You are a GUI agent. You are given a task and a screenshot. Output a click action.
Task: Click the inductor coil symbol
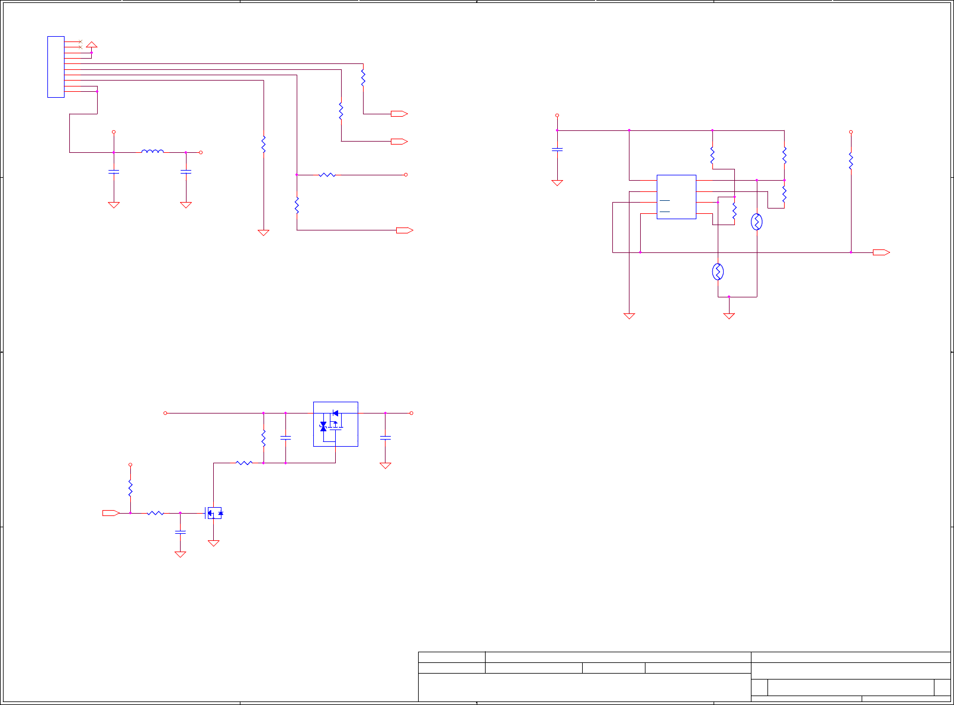[152, 152]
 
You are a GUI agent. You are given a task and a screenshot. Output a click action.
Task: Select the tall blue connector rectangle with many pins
[56, 67]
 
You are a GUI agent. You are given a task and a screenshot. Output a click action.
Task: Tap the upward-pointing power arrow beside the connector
[91, 44]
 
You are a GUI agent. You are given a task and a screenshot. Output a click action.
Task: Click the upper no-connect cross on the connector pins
[80, 41]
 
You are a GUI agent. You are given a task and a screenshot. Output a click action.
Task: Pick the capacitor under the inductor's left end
[114, 172]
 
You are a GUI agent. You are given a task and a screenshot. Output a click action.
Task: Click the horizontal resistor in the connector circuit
[327, 175]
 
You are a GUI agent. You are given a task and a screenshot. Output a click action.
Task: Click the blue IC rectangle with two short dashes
[676, 197]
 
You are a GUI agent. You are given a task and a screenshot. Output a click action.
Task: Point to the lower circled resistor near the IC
[718, 272]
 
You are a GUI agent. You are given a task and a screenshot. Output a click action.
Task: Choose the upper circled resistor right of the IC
[757, 222]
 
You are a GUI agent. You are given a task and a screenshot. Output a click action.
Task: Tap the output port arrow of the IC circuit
[881, 252]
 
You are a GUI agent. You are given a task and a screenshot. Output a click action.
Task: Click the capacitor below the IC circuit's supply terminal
[557, 149]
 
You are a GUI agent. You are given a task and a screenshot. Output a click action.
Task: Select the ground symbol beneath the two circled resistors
[729, 316]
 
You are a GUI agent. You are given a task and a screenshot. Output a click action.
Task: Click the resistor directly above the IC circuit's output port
[851, 161]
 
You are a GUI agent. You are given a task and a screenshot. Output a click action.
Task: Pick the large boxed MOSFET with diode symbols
[335, 424]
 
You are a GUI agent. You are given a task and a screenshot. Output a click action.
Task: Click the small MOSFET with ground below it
[214, 512]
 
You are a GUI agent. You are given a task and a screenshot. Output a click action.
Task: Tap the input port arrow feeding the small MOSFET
[111, 513]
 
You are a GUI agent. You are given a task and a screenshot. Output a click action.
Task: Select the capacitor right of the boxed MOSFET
[386, 437]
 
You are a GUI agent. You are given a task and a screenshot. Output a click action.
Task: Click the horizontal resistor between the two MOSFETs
[244, 463]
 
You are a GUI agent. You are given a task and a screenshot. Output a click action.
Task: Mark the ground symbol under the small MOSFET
[214, 543]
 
